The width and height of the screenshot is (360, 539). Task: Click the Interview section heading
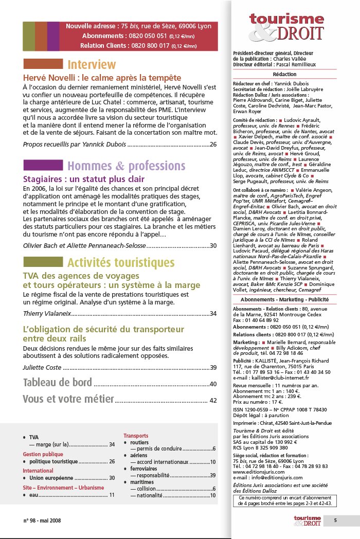pyautogui.click(x=92, y=65)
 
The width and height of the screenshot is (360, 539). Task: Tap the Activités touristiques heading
pyautogui.click(x=121, y=262)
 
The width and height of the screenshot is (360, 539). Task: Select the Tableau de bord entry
pyautogui.click(x=58, y=383)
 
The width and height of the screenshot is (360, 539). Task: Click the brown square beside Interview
pyautogui.click(x=43, y=64)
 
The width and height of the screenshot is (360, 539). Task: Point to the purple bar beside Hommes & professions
pyautogui.click(x=43, y=166)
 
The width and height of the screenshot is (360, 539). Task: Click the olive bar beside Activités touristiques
pyautogui.click(x=43, y=262)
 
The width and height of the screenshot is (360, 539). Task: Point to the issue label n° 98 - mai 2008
pyautogui.click(x=42, y=520)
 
